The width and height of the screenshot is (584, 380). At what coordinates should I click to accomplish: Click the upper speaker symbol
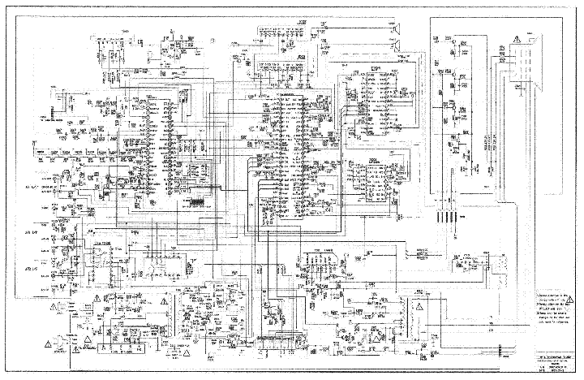click(x=398, y=32)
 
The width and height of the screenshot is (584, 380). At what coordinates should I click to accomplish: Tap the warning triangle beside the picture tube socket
click(x=534, y=30)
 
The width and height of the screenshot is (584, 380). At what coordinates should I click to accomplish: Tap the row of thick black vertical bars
click(x=445, y=218)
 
